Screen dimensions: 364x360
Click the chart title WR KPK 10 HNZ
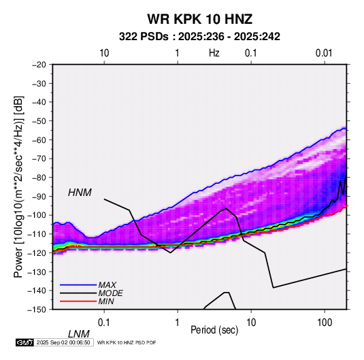coord(199,19)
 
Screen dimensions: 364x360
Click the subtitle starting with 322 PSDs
coord(199,37)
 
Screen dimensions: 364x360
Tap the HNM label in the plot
coord(80,193)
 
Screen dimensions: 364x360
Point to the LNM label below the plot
coord(79,334)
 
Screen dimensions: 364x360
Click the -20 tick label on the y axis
coord(39,65)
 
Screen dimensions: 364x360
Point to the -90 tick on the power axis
coord(39,197)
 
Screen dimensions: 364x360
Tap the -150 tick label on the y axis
coord(37,310)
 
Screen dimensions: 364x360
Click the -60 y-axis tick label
coord(39,140)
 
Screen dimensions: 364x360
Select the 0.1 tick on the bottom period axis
coord(104,322)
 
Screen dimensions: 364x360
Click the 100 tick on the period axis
coord(324,322)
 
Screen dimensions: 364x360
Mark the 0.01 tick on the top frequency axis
coord(324,53)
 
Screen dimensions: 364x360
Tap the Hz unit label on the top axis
coord(214,53)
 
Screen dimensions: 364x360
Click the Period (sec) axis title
coord(214,330)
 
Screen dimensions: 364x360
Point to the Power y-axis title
coord(18,187)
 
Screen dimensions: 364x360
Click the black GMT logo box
coord(25,342)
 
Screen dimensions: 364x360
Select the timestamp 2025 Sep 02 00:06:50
coord(63,342)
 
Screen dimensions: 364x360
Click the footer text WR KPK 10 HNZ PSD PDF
coord(127,342)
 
